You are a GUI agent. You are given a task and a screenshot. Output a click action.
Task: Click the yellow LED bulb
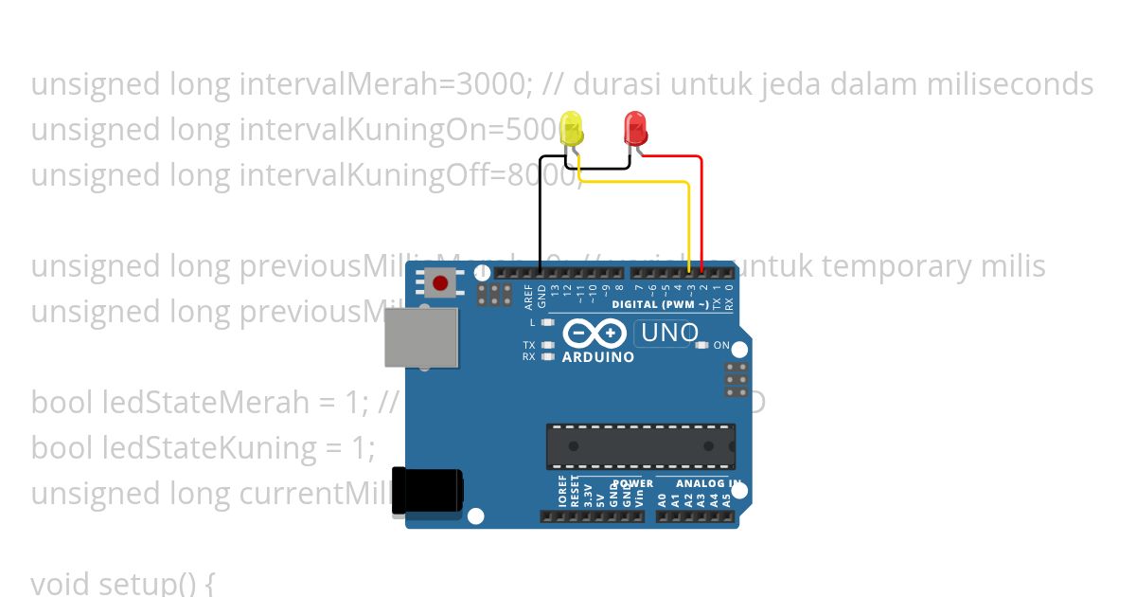pyautogui.click(x=571, y=129)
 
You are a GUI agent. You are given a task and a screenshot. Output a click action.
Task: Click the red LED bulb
pyautogui.click(x=633, y=127)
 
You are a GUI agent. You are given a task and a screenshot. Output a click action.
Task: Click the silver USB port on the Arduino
pyautogui.click(x=421, y=335)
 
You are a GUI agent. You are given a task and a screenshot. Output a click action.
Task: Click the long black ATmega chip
pyautogui.click(x=640, y=446)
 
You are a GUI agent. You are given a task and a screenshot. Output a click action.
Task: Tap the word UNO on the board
pyautogui.click(x=669, y=333)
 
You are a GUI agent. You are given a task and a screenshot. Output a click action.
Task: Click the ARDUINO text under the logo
pyautogui.click(x=598, y=357)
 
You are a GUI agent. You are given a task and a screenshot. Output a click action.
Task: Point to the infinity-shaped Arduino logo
pyautogui.click(x=594, y=334)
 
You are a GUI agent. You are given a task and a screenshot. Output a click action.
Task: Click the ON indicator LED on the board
pyautogui.click(x=701, y=346)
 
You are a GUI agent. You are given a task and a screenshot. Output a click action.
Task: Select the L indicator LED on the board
pyautogui.click(x=547, y=323)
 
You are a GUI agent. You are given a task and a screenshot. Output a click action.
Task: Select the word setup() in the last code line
pyautogui.click(x=151, y=583)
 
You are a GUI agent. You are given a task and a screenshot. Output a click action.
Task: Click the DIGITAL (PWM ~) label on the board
pyautogui.click(x=660, y=305)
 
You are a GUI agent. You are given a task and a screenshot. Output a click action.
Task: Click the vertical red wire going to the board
pyautogui.click(x=701, y=213)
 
